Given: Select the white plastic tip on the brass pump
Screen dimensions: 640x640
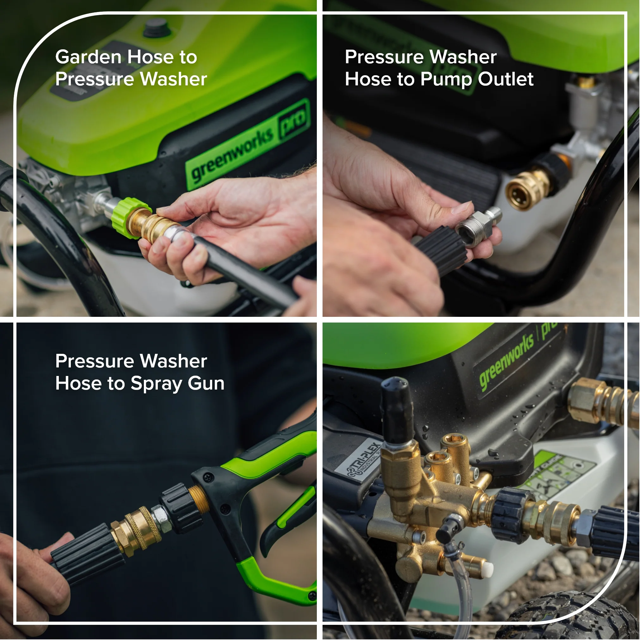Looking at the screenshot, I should click(487, 569).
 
